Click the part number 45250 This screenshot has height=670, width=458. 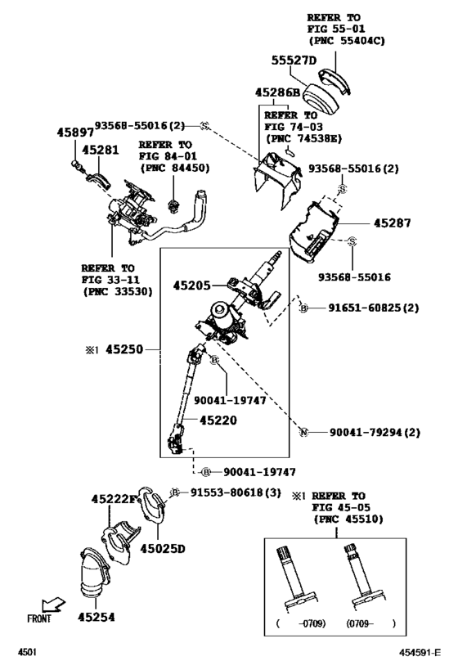[124, 349]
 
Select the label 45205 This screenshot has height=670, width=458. [191, 286]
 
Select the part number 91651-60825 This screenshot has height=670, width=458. [366, 308]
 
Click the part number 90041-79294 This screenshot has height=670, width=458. [366, 432]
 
